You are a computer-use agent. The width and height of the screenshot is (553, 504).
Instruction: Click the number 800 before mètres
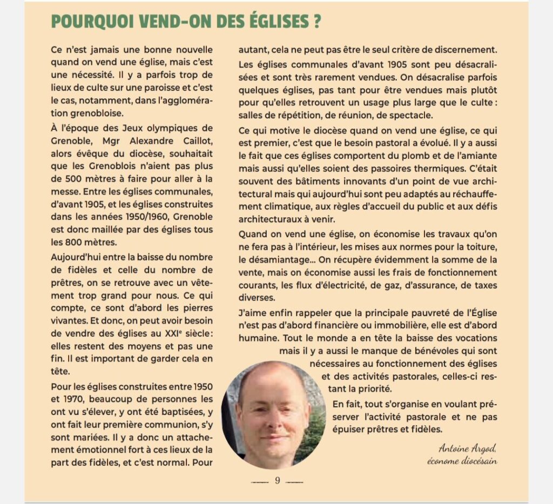pyautogui.click(x=76, y=242)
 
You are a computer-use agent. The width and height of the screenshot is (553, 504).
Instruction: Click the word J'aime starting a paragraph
pyautogui.click(x=253, y=312)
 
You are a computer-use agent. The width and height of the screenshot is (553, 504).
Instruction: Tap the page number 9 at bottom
pyautogui.click(x=277, y=480)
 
